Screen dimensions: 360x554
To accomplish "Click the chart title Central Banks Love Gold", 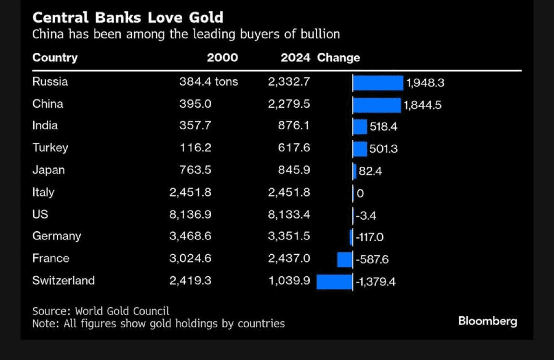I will coord(127,18).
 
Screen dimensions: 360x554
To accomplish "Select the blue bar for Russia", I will coord(378,83).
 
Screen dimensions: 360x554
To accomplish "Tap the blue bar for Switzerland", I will coord(334,282).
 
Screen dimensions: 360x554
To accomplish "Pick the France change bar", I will coord(345,260).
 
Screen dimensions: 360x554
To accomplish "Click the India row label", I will coord(45,126).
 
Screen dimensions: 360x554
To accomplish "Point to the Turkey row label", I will coord(50,148).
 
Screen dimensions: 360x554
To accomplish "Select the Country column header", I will coord(55,58).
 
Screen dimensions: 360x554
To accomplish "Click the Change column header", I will coord(339,58).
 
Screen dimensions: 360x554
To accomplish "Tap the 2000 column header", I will coord(222,58).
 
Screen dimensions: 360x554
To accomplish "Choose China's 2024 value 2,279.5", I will coord(289,104).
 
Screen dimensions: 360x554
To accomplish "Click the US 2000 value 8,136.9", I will coord(190,214).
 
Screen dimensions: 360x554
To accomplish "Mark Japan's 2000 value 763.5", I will coord(195,170).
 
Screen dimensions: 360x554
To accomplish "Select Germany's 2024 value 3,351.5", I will coord(289,236).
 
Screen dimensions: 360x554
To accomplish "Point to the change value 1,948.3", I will coord(425,83).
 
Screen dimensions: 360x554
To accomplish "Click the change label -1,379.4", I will coord(375,282).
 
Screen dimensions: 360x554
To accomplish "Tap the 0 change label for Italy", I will coord(360,194).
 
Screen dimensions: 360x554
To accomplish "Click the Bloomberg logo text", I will coord(488,321).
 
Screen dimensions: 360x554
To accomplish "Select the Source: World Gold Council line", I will coord(101,311).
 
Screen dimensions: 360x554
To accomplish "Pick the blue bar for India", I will coord(360,127).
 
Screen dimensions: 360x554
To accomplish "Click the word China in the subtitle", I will coord(46,35).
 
